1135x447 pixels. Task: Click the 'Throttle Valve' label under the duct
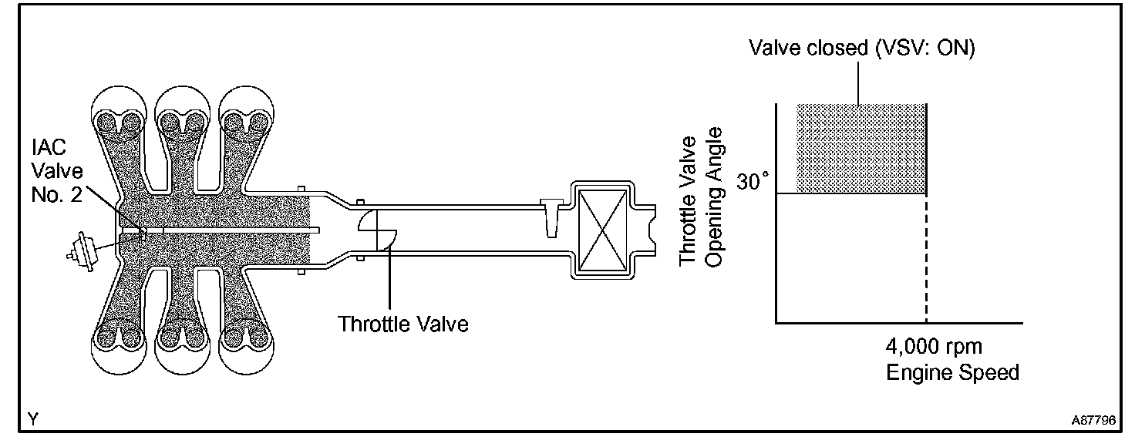[403, 323]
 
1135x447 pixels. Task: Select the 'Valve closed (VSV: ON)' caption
[862, 49]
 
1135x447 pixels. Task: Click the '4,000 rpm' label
[933, 347]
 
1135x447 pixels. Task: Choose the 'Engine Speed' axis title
[952, 372]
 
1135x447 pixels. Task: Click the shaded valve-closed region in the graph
[861, 148]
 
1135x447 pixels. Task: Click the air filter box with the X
[605, 230]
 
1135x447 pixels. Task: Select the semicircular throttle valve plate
[378, 230]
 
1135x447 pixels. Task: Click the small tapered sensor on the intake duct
[551, 217]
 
